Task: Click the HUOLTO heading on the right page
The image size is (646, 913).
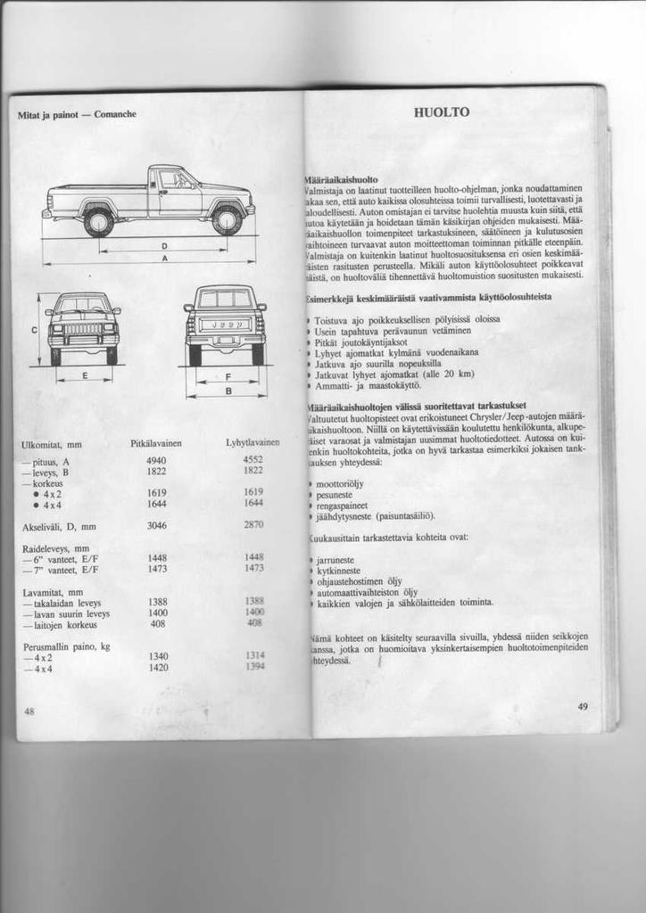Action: coord(442,112)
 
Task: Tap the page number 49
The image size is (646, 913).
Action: coord(583,706)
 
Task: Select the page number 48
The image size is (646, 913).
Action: coord(29,711)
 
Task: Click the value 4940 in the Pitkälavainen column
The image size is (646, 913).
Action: coord(157,460)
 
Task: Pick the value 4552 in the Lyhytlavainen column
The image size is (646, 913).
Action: coord(253,460)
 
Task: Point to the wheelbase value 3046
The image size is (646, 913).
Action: coord(157,525)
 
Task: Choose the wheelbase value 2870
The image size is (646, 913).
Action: coord(253,525)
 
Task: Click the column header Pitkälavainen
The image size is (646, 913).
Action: coord(156,443)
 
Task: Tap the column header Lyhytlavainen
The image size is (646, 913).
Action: coord(253,443)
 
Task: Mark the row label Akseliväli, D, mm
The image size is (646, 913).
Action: coord(59,527)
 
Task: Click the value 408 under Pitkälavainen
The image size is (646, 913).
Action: coord(158,623)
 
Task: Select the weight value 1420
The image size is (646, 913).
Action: coord(158,667)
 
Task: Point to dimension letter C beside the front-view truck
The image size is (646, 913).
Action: coord(34,330)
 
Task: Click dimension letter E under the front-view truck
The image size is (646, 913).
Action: coord(84,376)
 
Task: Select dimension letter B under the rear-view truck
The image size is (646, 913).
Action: coord(228,391)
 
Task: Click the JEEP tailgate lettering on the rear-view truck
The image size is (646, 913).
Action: coord(227,325)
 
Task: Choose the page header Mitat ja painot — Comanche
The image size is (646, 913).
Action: coord(77,115)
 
